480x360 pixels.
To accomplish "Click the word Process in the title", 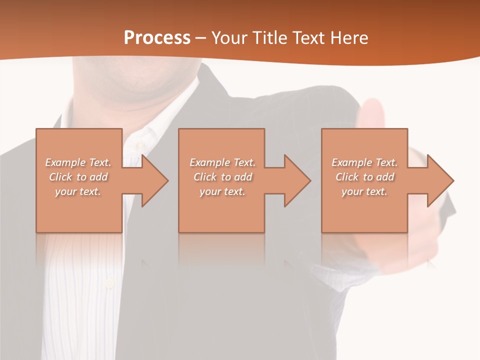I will coord(157,37).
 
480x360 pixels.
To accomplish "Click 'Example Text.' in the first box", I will coord(78,162).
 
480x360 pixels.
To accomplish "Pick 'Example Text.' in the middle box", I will coord(222,162).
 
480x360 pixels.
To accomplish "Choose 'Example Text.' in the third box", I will coord(364,162).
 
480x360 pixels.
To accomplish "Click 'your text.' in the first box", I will coord(78,191).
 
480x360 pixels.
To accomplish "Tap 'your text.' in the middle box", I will coord(222,191).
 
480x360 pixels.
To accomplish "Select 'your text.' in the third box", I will coord(364,191).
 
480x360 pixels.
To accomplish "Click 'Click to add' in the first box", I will coord(78,177).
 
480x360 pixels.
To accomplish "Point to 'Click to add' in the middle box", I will coord(222,177).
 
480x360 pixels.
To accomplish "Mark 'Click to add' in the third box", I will coord(364,177).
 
